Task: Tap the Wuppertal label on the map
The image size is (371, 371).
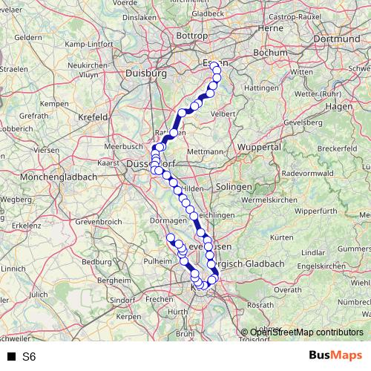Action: (x=260, y=148)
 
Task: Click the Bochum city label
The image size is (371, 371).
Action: (x=265, y=53)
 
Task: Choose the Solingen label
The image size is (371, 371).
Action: (x=232, y=186)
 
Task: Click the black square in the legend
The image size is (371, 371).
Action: (x=12, y=357)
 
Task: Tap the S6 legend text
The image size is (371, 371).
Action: (x=29, y=357)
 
